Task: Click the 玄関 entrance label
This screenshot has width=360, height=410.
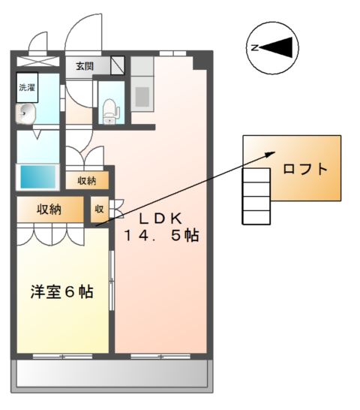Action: (84, 66)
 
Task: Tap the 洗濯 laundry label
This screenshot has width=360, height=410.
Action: (27, 87)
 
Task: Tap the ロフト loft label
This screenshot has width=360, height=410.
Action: (305, 169)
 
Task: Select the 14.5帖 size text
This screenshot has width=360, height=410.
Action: (161, 236)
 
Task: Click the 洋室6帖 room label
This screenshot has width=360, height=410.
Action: (61, 292)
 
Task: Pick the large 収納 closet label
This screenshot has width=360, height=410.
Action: (49, 209)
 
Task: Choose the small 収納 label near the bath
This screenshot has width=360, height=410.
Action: (86, 180)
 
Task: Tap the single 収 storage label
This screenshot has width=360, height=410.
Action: (99, 209)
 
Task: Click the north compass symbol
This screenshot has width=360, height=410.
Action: (271, 48)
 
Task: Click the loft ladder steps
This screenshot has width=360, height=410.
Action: (257, 195)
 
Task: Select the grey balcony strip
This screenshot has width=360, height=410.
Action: (111, 372)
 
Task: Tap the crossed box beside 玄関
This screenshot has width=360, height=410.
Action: (117, 66)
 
